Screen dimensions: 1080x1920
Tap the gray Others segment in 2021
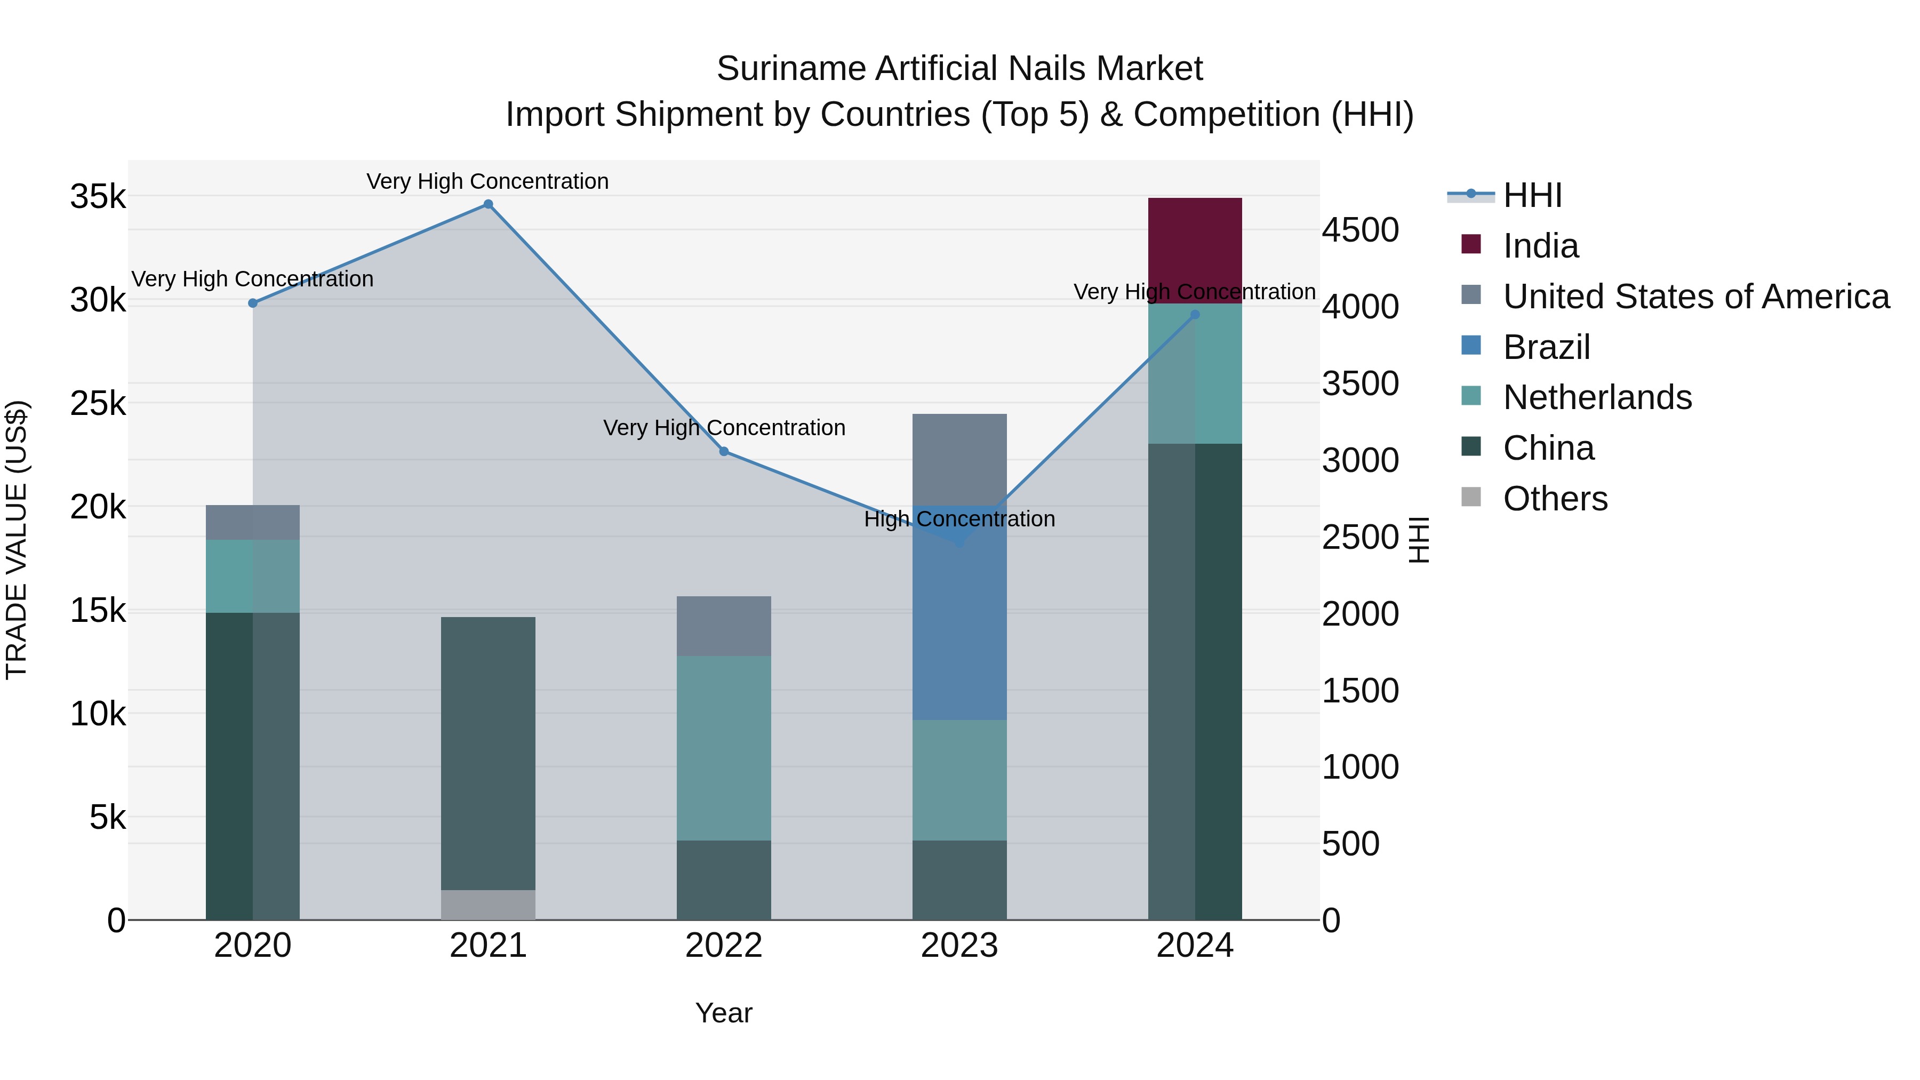coord(488,904)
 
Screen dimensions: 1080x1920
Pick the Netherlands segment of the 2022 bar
coord(724,748)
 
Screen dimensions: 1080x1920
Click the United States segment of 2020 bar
coord(253,522)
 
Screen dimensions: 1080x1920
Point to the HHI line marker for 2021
coord(488,204)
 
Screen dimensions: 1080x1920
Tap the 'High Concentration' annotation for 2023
coord(959,519)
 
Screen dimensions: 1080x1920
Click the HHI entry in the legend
coord(1532,195)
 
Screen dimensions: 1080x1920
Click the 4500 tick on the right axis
coord(1360,230)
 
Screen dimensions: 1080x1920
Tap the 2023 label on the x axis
coord(959,946)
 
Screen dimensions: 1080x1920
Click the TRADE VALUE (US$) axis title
coord(17,540)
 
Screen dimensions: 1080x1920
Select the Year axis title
coord(724,1013)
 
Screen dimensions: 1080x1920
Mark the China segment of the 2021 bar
coord(488,753)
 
